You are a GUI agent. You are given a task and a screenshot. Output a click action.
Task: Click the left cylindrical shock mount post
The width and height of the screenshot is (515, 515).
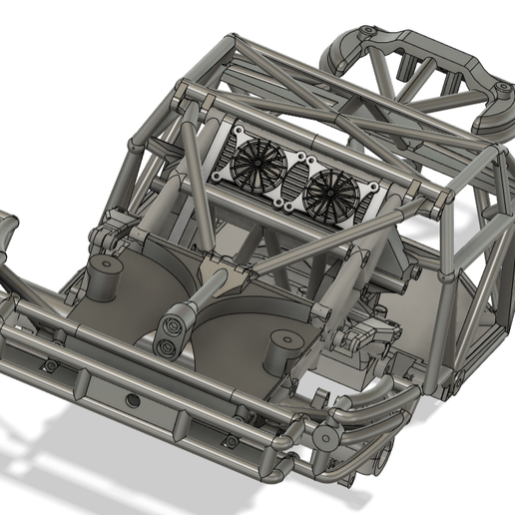point(103,271)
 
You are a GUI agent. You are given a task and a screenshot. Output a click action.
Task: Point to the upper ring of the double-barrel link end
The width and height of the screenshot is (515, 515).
point(174,323)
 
